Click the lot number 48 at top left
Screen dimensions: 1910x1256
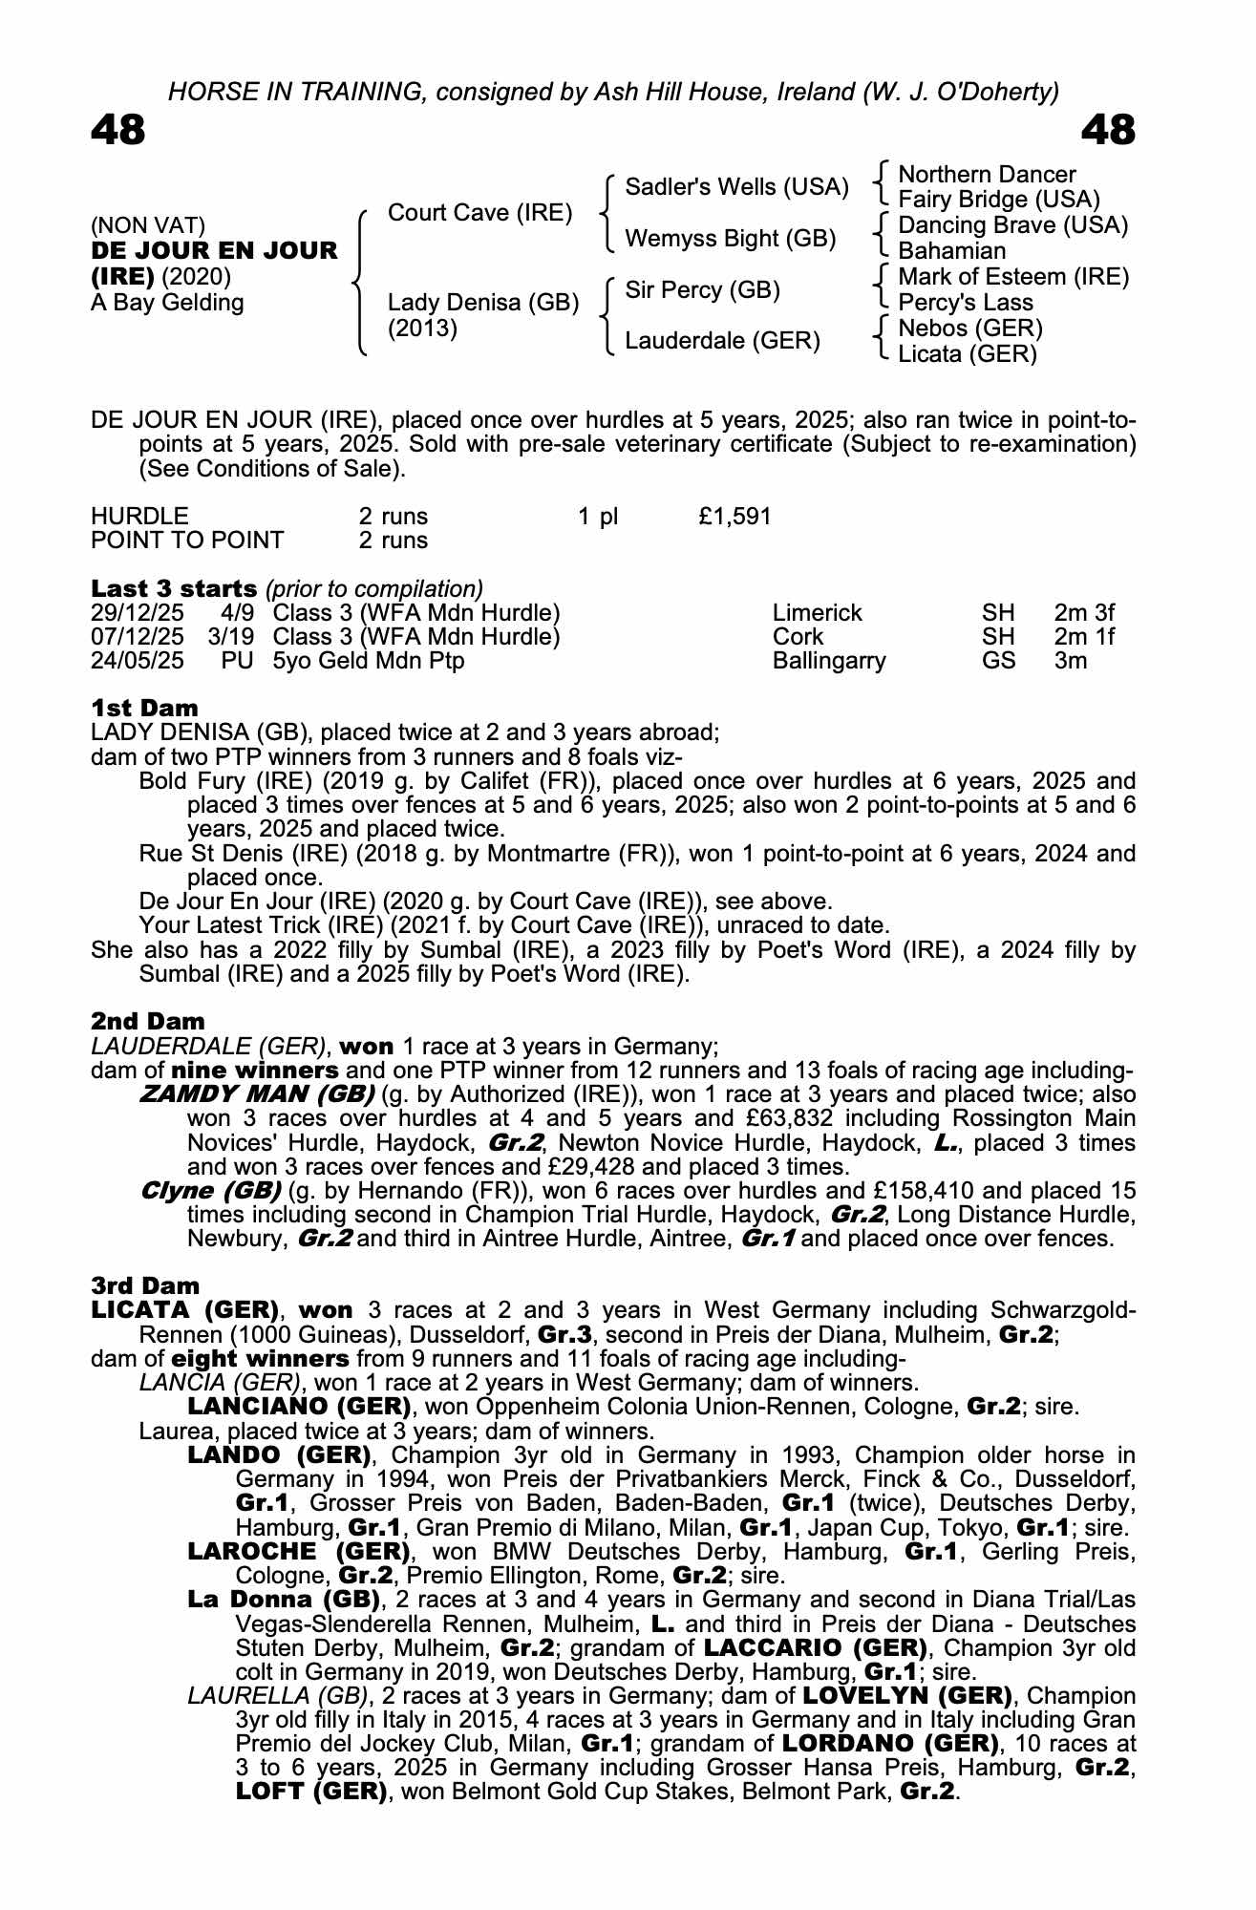[x=118, y=131]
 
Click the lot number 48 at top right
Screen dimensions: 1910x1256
[x=1108, y=131]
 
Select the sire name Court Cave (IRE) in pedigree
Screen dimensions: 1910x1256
[x=479, y=212]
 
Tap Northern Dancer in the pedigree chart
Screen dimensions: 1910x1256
[x=987, y=175]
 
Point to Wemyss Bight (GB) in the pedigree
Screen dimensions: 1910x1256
[x=730, y=238]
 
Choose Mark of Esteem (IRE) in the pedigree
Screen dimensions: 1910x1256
[x=1013, y=277]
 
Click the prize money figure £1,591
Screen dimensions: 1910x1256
[x=734, y=517]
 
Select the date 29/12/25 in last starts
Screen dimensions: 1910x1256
[x=138, y=613]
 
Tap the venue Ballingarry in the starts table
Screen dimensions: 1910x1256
[x=828, y=661]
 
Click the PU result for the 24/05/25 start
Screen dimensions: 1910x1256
[x=237, y=661]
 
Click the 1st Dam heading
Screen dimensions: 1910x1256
[x=144, y=708]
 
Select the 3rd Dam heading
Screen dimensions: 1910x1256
[x=145, y=1285]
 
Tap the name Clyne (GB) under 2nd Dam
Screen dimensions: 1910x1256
[x=210, y=1191]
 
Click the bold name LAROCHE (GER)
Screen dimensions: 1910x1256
[x=299, y=1552]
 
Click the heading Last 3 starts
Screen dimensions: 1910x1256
[x=174, y=588]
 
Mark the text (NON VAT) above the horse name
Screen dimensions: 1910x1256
[x=148, y=225]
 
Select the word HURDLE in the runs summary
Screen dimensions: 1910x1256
[x=139, y=517]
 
